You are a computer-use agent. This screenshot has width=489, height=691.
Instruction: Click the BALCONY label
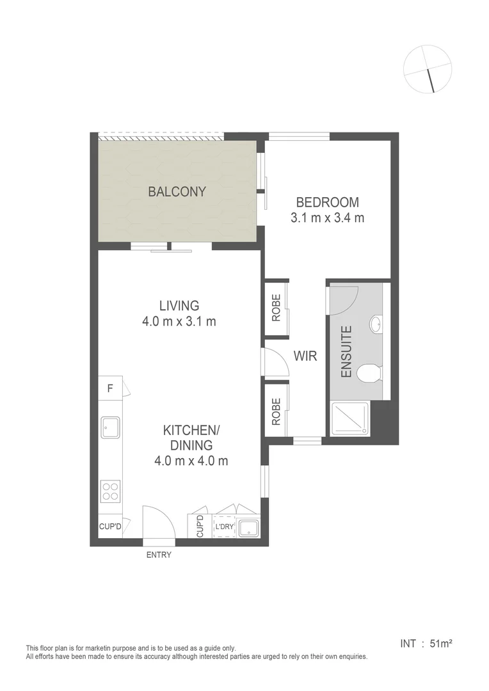[177, 191]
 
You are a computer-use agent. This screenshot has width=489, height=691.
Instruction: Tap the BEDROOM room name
[327, 202]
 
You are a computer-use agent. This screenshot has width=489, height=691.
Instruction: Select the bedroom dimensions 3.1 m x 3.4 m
[327, 218]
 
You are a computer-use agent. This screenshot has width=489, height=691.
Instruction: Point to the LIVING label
[179, 306]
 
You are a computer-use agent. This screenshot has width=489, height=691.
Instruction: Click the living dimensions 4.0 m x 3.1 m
[179, 321]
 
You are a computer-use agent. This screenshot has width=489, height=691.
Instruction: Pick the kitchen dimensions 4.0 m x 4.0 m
[191, 460]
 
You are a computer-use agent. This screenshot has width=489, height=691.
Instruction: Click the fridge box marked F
[110, 388]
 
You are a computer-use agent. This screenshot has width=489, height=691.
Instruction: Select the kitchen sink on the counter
[110, 427]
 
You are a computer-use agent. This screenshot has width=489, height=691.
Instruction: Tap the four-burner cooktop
[110, 491]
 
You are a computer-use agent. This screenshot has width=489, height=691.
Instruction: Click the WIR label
[305, 356]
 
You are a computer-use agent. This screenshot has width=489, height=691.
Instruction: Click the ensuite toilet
[370, 372]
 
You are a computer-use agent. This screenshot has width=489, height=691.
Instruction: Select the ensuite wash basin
[377, 324]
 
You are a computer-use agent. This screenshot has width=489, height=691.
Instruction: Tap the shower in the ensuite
[349, 418]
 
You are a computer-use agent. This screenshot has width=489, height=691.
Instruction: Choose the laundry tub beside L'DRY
[248, 528]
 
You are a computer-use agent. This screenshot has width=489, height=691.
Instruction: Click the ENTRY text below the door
[159, 555]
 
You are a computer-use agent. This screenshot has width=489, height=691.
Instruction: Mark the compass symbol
[428, 68]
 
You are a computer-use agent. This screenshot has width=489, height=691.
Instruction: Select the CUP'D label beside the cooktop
[110, 527]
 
